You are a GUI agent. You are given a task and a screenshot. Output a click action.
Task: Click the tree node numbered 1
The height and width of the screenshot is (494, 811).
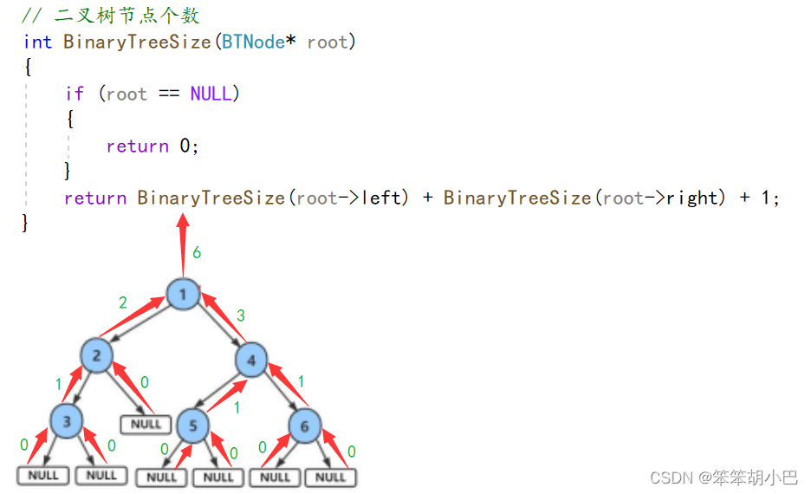click(183, 296)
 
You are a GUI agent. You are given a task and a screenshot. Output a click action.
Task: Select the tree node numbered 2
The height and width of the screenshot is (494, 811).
click(97, 355)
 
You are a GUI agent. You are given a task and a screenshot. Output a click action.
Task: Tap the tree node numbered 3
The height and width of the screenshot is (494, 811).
click(66, 422)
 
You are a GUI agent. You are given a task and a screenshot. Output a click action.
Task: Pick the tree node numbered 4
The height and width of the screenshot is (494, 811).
click(251, 360)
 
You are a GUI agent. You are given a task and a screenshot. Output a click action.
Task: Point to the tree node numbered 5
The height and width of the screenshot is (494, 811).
click(193, 426)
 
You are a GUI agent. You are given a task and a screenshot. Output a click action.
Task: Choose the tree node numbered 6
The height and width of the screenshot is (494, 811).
click(304, 426)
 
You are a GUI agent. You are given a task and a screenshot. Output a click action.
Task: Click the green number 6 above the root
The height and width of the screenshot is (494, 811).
click(198, 253)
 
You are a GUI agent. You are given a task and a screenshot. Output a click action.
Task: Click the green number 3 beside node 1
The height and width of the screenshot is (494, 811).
click(241, 315)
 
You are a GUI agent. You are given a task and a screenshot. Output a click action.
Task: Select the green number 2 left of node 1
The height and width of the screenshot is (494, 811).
click(123, 302)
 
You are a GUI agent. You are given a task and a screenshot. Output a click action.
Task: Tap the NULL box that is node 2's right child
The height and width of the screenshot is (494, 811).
click(146, 424)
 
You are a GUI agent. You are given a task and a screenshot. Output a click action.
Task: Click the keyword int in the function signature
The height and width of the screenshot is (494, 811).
click(37, 42)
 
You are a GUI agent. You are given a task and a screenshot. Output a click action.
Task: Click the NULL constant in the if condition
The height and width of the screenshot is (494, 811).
click(211, 94)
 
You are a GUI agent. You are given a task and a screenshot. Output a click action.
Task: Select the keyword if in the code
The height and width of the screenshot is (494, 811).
click(75, 94)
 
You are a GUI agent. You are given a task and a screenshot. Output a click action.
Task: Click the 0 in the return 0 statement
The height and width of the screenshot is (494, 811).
click(185, 146)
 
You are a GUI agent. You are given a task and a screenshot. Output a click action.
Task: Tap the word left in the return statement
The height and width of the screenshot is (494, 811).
click(383, 198)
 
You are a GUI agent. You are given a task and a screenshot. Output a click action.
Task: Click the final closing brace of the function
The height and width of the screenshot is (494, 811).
click(26, 223)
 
